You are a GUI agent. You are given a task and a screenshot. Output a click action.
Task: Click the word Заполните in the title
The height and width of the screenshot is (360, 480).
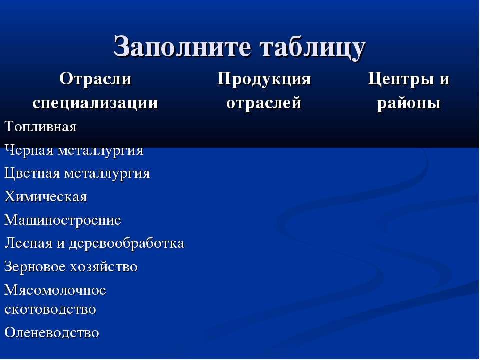(x=183, y=47)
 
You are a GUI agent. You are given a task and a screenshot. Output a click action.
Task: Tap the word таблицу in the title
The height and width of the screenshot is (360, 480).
(x=313, y=48)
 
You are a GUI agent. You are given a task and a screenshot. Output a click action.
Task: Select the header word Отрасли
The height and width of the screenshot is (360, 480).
(x=95, y=79)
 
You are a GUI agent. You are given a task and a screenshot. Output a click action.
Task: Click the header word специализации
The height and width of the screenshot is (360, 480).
(x=95, y=103)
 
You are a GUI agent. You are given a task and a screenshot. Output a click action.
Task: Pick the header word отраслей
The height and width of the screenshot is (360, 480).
(x=264, y=103)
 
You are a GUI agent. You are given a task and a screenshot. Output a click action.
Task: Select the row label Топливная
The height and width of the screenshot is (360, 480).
(x=40, y=126)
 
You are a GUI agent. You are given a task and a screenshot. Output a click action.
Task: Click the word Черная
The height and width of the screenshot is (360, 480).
(x=29, y=150)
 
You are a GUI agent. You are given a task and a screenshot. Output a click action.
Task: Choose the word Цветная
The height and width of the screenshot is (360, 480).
(x=32, y=173)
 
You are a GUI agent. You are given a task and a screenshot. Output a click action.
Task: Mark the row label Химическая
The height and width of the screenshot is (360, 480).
(x=46, y=197)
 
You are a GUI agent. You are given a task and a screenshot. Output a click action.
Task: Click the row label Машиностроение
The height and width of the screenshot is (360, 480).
(x=63, y=220)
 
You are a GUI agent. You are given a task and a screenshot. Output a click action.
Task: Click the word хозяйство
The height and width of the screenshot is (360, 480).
(x=104, y=267)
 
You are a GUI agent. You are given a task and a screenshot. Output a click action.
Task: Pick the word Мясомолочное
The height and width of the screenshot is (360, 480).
(x=55, y=290)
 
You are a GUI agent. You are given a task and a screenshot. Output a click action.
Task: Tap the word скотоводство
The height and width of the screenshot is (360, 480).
(x=50, y=309)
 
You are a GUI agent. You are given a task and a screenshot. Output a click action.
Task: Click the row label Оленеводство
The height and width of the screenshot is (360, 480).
(x=52, y=333)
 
